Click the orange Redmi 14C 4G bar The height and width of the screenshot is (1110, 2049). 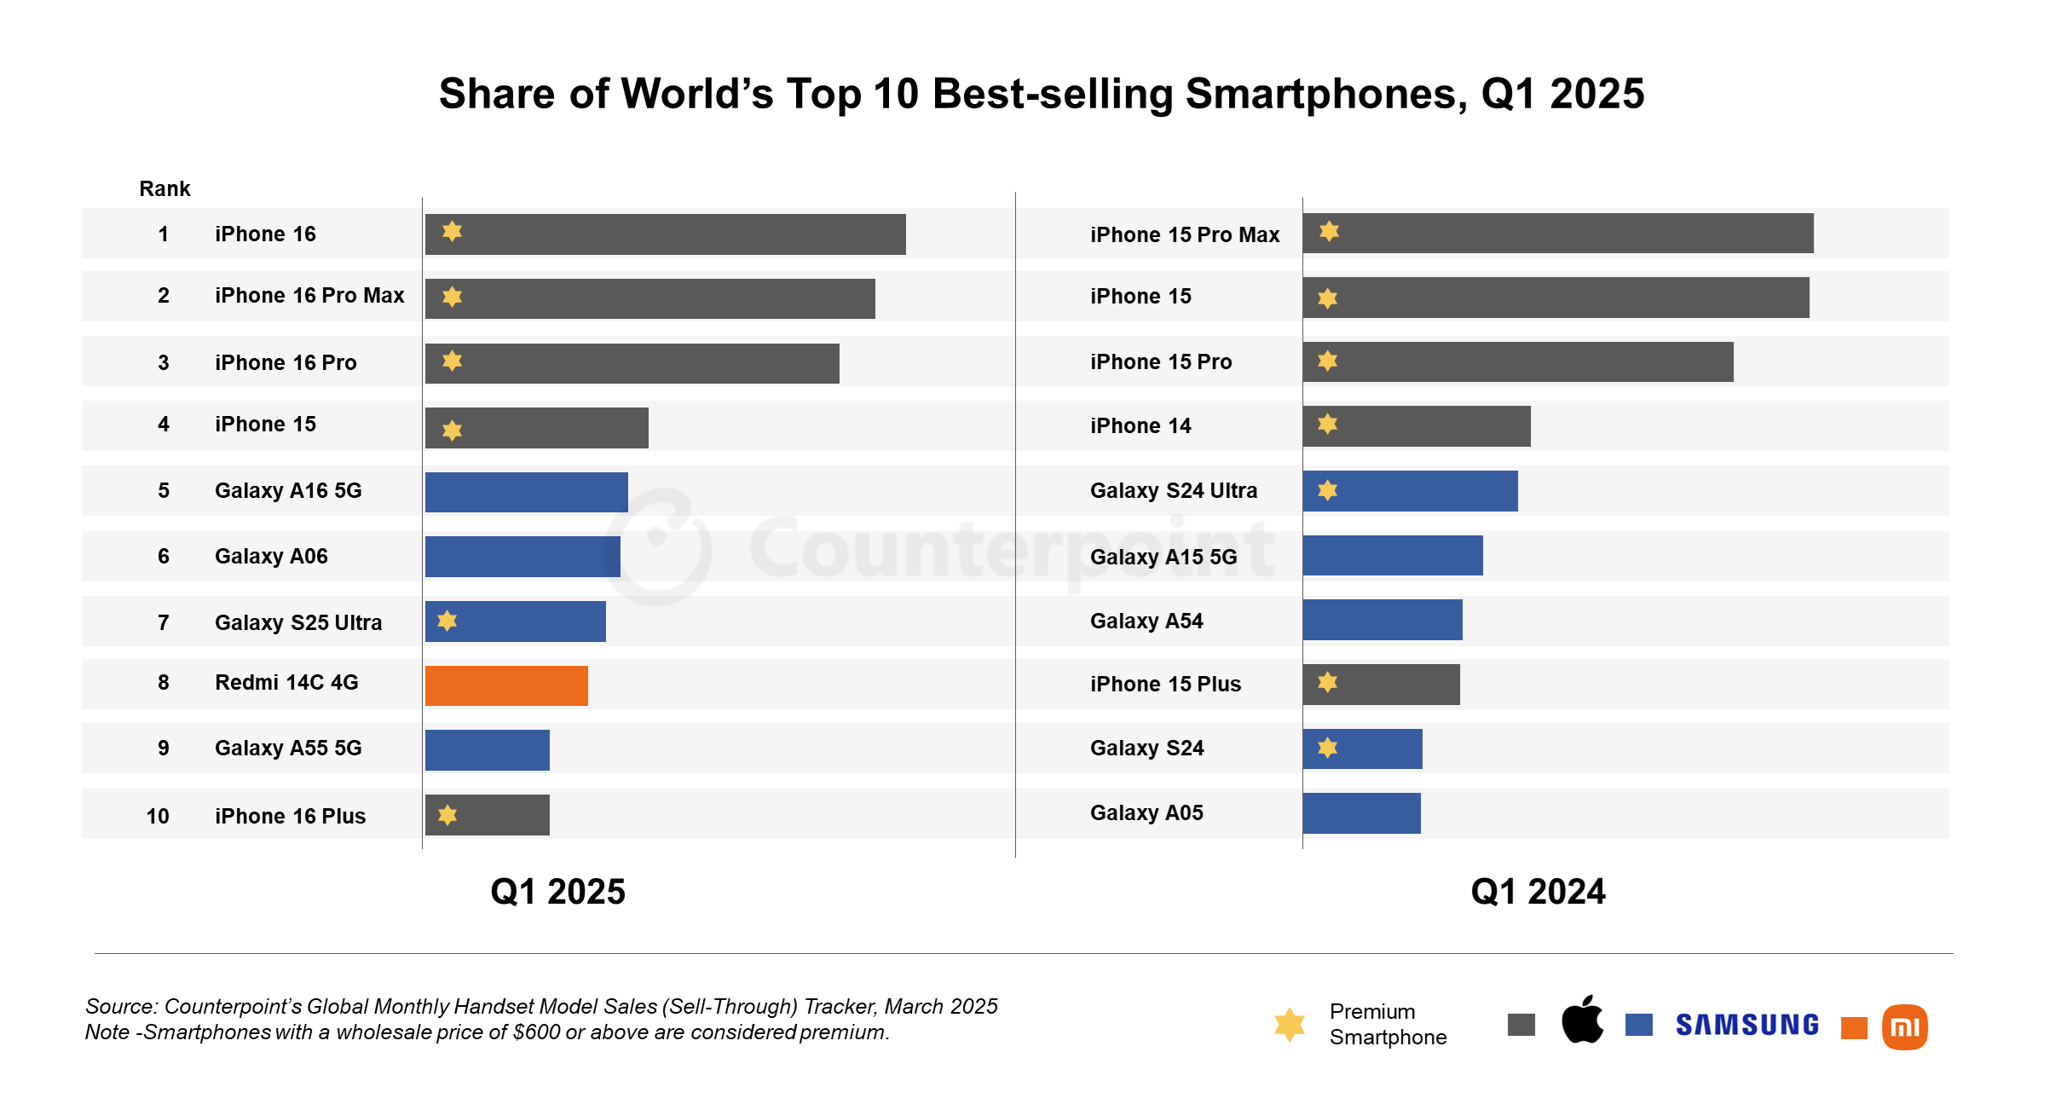506,685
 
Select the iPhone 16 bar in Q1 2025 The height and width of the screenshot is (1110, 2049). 665,234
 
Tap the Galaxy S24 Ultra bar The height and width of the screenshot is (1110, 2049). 1410,491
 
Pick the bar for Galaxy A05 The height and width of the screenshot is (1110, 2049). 1361,813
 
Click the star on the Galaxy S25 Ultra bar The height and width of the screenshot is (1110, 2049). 447,621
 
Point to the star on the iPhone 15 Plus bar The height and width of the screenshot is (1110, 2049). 1327,682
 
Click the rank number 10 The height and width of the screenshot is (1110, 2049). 158,816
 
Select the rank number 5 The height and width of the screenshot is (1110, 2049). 163,490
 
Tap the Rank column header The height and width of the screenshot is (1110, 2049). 164,188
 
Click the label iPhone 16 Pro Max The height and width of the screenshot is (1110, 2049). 309,296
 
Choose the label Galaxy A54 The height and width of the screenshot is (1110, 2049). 1146,621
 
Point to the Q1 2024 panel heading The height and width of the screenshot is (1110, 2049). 1538,892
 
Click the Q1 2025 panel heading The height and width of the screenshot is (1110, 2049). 557,892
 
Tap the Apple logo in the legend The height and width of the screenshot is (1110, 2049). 1582,1020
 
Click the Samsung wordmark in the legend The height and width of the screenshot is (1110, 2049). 1747,1025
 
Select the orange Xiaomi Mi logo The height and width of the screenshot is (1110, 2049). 1904,1026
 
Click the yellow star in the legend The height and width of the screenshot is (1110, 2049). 1290,1024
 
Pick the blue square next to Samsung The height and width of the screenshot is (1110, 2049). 1638,1025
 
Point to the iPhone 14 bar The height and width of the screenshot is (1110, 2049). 1416,426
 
